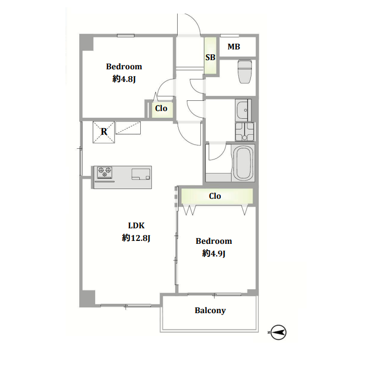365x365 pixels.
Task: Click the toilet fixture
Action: point(245,71)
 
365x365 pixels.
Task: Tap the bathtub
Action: point(243,163)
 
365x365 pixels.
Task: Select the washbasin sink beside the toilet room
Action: point(243,110)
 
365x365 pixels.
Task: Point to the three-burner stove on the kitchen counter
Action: point(104,173)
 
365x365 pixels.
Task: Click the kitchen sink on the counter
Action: point(141,174)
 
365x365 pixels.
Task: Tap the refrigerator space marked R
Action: point(104,132)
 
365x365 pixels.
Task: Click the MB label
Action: point(234,47)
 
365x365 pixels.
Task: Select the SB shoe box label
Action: point(210,57)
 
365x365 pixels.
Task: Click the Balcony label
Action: point(210,311)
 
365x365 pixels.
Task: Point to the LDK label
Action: point(136,225)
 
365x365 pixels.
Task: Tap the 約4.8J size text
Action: point(124,79)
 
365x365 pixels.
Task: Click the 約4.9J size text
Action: point(214,253)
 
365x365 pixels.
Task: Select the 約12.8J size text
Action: point(136,238)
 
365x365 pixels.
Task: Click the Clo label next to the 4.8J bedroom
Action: point(161,108)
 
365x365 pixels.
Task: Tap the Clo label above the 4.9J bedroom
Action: point(215,196)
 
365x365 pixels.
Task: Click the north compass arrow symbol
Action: point(278,333)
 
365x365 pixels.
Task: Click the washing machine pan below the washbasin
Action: point(245,132)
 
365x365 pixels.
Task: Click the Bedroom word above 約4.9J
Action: point(214,241)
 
